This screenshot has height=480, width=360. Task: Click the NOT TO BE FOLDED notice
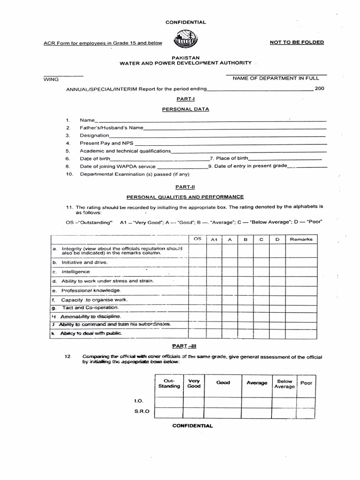(x=297, y=42)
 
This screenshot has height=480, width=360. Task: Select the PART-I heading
(x=185, y=99)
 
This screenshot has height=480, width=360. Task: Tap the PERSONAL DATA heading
(x=185, y=109)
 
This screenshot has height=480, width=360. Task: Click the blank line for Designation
(x=217, y=135)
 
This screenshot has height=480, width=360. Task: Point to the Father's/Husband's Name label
(x=112, y=127)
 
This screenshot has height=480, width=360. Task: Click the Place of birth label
(x=231, y=158)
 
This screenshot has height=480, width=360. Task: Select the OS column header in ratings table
(x=197, y=239)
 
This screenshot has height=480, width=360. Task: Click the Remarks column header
(x=301, y=240)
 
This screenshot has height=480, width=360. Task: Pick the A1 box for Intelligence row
(x=214, y=271)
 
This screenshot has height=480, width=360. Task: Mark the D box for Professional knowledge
(x=277, y=291)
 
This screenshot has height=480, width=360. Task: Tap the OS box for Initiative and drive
(x=197, y=262)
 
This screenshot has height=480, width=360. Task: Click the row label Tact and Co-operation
(x=90, y=308)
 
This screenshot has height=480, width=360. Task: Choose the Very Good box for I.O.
(x=194, y=402)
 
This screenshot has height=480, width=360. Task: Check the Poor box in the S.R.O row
(x=306, y=412)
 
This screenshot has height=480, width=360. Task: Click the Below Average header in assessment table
(x=285, y=384)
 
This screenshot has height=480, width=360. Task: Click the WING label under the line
(x=51, y=80)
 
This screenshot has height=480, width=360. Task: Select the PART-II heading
(x=185, y=187)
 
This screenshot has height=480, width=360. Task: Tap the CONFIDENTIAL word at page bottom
(x=192, y=426)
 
